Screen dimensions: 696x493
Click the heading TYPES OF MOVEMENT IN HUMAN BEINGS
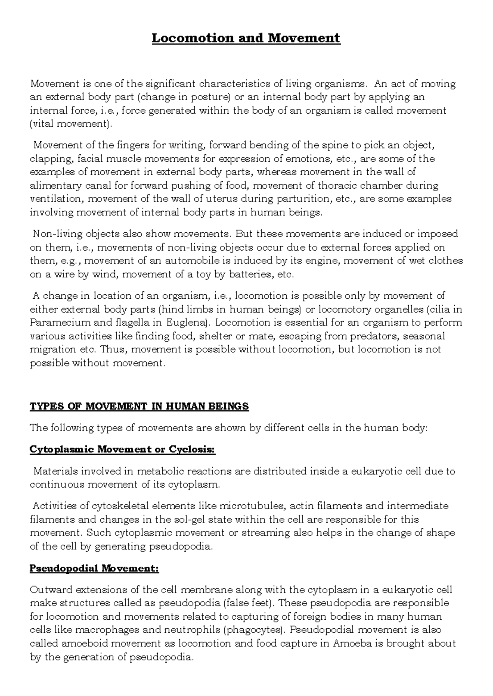point(139,407)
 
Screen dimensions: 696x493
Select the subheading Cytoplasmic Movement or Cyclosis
point(122,449)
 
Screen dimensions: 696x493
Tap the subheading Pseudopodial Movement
point(94,569)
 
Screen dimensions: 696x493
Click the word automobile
point(191,261)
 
